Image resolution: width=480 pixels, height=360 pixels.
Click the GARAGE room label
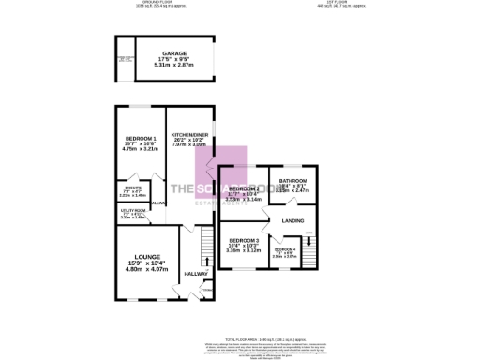174,53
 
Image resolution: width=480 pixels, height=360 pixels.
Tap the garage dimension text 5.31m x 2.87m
174,67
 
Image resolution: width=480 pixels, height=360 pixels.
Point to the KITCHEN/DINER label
188,134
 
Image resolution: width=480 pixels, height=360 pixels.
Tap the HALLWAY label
195,274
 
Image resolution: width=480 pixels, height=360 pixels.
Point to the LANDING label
292,220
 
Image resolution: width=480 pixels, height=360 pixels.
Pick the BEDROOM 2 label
244,188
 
